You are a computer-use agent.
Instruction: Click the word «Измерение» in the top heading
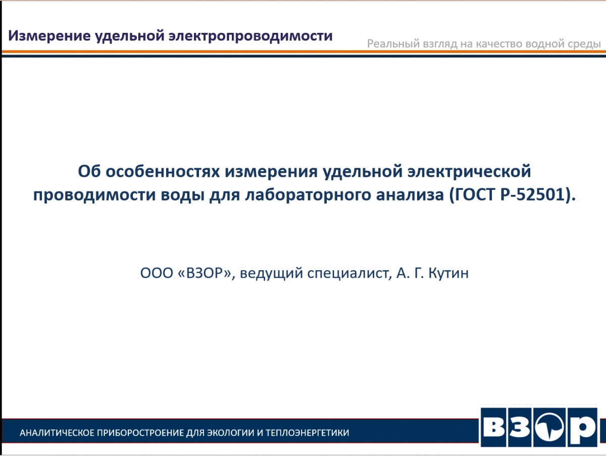click(x=49, y=36)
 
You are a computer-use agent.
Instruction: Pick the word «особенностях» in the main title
click(x=163, y=171)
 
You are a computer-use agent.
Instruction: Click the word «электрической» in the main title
click(x=469, y=172)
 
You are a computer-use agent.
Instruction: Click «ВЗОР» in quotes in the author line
click(x=205, y=273)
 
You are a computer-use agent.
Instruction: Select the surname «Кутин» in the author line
click(x=448, y=273)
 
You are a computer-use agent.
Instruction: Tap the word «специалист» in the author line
click(x=349, y=274)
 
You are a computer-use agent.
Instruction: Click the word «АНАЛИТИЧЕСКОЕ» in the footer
click(x=57, y=433)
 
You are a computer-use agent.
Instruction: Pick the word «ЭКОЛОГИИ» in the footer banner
click(x=230, y=433)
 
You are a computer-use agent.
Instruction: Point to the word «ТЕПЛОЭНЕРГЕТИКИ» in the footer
click(x=307, y=433)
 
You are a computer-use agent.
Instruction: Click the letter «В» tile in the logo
click(x=493, y=428)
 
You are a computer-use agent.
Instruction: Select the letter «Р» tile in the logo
click(x=582, y=428)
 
